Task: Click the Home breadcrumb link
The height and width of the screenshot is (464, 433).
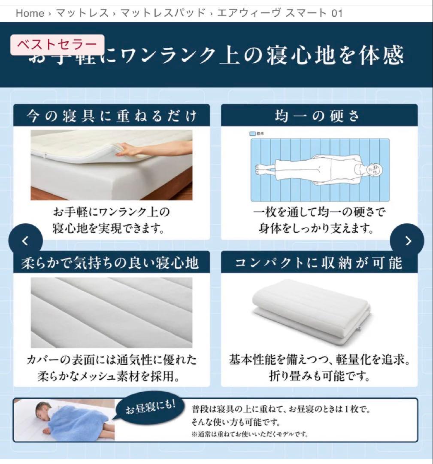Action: (30, 13)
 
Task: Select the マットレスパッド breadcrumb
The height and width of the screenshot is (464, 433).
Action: (163, 13)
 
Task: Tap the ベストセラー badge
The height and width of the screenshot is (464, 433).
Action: (58, 45)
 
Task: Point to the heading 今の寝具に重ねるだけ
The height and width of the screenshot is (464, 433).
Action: (112, 116)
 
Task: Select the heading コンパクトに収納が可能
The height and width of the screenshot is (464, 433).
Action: (319, 263)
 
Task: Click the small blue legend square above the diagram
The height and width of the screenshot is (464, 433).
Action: (252, 134)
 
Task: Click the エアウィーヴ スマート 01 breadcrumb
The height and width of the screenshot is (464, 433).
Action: (280, 13)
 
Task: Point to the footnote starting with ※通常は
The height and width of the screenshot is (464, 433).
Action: (250, 434)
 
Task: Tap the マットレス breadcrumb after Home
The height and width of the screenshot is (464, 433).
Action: (82, 13)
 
